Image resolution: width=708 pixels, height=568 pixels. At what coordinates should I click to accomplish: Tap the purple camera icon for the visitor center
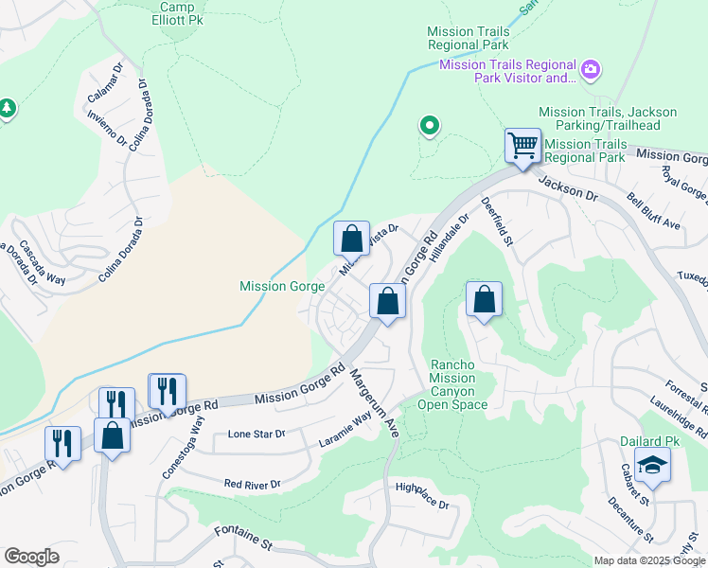[x=592, y=70]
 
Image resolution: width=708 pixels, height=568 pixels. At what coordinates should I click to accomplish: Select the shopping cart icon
[x=522, y=147]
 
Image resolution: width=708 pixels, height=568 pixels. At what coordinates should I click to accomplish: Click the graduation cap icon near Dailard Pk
[x=651, y=465]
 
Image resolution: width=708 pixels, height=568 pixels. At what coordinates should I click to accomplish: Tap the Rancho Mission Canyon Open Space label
[x=459, y=384]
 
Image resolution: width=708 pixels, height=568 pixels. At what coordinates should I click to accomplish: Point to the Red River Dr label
[x=253, y=484]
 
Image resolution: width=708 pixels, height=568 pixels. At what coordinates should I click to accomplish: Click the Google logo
[x=31, y=557]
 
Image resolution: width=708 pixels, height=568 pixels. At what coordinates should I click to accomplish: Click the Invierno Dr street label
[x=106, y=128]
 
